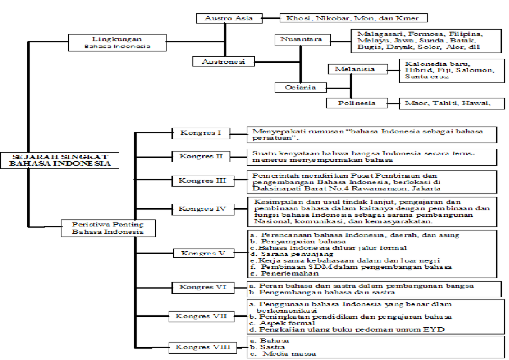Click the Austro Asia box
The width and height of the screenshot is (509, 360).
(x=229, y=18)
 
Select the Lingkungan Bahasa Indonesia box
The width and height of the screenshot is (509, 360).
(x=117, y=43)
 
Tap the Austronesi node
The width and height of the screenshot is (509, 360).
(x=223, y=61)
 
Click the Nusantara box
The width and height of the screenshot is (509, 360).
(x=303, y=40)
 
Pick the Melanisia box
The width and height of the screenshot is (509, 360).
(x=358, y=69)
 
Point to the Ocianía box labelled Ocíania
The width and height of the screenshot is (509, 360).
(x=301, y=88)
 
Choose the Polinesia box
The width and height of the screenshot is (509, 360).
(x=357, y=103)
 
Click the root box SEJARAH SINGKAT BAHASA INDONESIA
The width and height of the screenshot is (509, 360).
(x=60, y=160)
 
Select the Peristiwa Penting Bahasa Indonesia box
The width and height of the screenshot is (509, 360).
(x=108, y=228)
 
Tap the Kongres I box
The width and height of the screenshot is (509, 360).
(x=201, y=133)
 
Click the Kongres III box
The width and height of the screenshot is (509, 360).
(x=203, y=181)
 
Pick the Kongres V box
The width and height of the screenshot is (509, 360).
(x=204, y=253)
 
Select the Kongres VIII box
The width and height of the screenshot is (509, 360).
(x=203, y=347)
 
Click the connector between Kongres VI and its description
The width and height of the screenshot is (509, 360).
(x=241, y=287)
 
